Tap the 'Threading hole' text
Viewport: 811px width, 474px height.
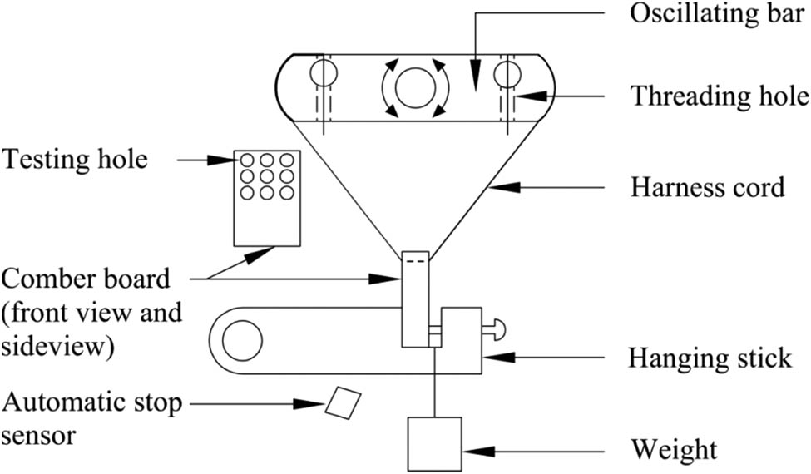[718, 96]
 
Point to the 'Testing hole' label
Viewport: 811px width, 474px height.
[75, 158]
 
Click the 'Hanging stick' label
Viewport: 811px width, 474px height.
[710, 358]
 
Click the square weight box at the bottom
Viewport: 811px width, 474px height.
[433, 444]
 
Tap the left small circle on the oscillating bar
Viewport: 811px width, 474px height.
[320, 74]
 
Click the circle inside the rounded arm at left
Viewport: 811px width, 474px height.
[242, 342]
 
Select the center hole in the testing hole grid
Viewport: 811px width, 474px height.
[267, 176]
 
